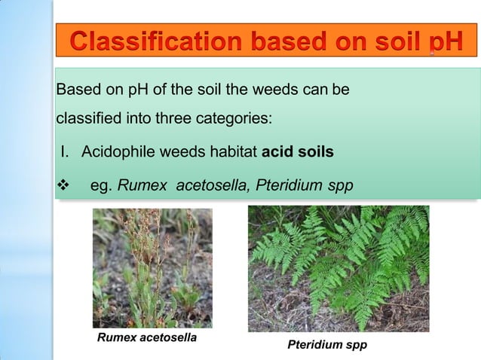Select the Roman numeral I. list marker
(66, 152)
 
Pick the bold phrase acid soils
(298, 152)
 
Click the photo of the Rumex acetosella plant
(152, 267)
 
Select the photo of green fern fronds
(339, 268)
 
